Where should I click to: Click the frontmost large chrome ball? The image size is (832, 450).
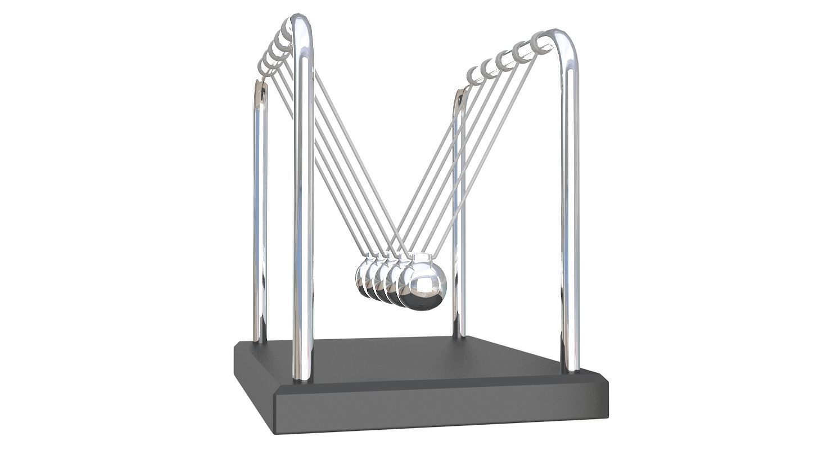(424, 286)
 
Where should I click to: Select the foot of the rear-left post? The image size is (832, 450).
(259, 339)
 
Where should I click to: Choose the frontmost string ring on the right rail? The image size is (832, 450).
(540, 43)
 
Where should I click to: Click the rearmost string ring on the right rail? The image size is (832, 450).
(474, 75)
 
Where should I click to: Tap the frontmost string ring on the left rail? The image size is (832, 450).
(288, 29)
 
